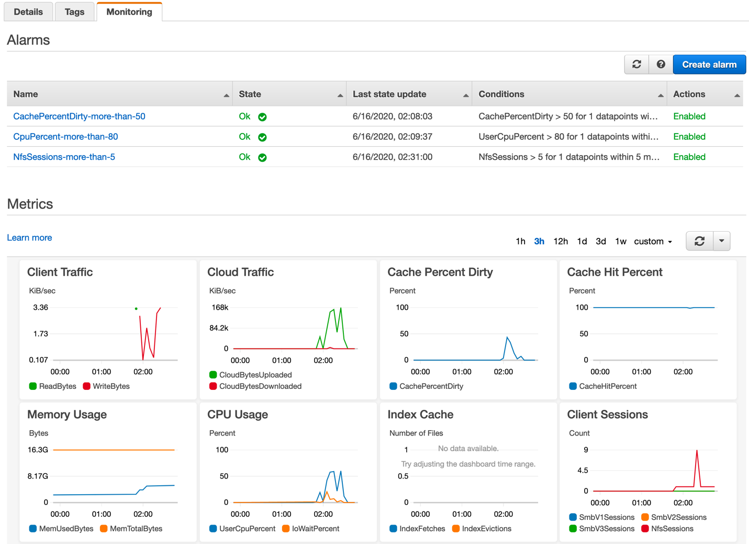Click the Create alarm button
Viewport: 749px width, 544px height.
click(709, 64)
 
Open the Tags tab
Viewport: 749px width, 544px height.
click(74, 12)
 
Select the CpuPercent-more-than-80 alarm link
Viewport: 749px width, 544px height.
click(65, 137)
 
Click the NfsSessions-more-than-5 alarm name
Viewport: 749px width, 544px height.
click(64, 157)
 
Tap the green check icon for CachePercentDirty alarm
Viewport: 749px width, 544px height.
click(262, 117)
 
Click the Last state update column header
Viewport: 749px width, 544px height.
click(389, 94)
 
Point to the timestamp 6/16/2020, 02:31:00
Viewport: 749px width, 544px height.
click(392, 157)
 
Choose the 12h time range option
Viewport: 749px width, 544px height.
click(560, 241)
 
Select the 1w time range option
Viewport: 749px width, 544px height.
click(620, 241)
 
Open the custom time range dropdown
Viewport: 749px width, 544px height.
click(652, 241)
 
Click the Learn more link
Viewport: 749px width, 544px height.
click(29, 237)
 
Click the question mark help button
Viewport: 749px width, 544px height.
click(661, 64)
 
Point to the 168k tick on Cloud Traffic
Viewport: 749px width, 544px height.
click(220, 308)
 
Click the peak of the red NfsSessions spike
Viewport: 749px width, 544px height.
click(697, 451)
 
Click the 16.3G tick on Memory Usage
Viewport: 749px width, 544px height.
click(38, 450)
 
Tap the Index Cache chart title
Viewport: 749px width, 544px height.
click(420, 415)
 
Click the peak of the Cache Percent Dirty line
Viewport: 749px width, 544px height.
click(507, 337)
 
